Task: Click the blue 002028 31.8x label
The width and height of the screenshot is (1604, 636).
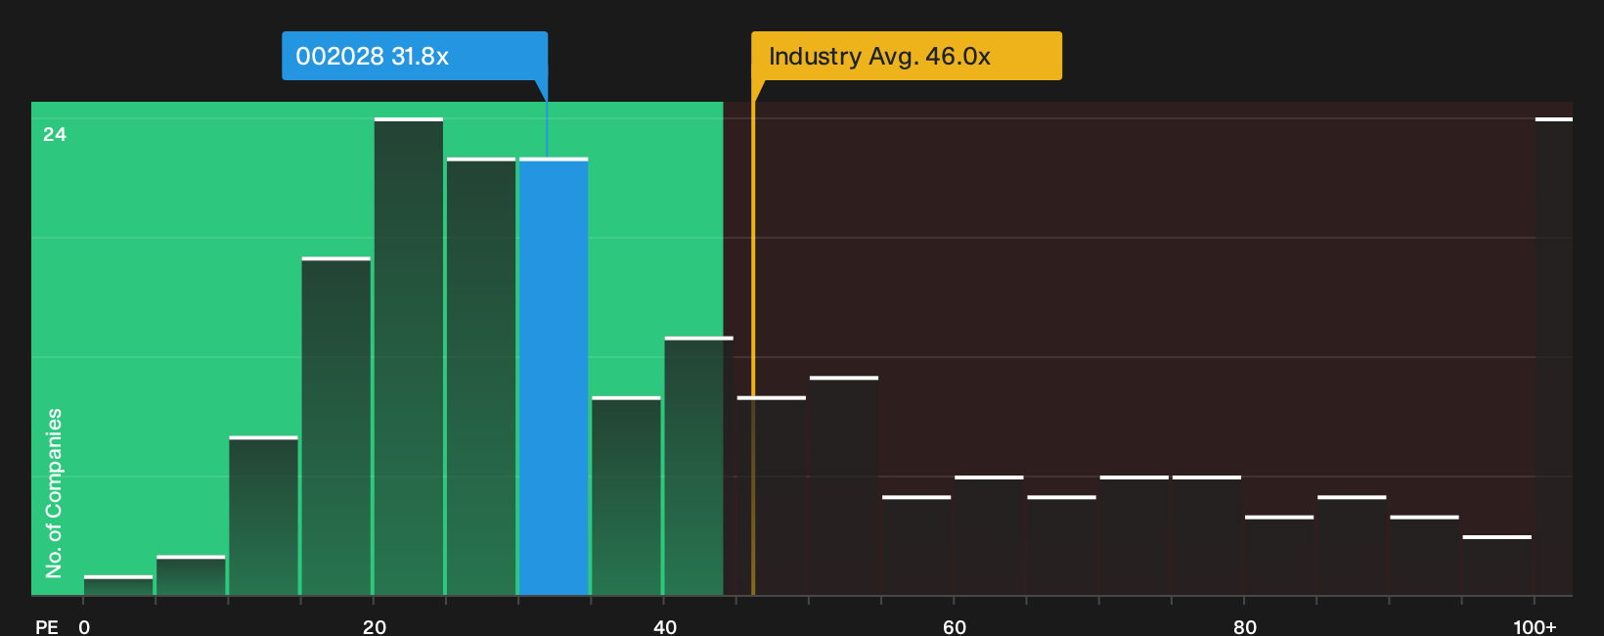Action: (x=415, y=56)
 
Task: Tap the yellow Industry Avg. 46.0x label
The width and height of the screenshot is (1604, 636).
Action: (x=907, y=56)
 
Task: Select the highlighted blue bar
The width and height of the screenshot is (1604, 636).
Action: (x=554, y=376)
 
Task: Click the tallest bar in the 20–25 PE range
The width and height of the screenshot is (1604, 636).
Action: (x=408, y=356)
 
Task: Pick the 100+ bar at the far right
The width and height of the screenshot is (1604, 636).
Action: (x=1554, y=356)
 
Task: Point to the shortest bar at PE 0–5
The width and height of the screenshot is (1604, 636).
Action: (x=118, y=585)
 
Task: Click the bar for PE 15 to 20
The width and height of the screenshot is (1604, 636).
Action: (x=335, y=427)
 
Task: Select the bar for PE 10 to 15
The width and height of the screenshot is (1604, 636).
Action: (x=263, y=516)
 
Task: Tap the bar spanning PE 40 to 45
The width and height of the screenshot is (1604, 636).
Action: (x=699, y=466)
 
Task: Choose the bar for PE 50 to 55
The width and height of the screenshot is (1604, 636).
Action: (x=844, y=485)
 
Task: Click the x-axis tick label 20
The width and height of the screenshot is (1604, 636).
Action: (x=375, y=627)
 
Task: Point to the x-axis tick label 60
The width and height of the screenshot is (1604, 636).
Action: (x=955, y=627)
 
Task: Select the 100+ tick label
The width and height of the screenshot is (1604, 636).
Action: (x=1535, y=627)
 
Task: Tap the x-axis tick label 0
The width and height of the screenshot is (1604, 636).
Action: (x=84, y=627)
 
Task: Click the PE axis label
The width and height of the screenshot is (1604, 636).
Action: (x=47, y=627)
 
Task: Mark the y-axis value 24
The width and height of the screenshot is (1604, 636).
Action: (x=55, y=134)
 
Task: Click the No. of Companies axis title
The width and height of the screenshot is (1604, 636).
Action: (x=54, y=493)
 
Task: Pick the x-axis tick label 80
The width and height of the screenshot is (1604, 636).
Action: (x=1245, y=627)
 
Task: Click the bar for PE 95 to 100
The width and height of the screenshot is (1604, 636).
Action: (x=1497, y=566)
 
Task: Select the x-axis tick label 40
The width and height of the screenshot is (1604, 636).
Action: (x=665, y=627)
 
